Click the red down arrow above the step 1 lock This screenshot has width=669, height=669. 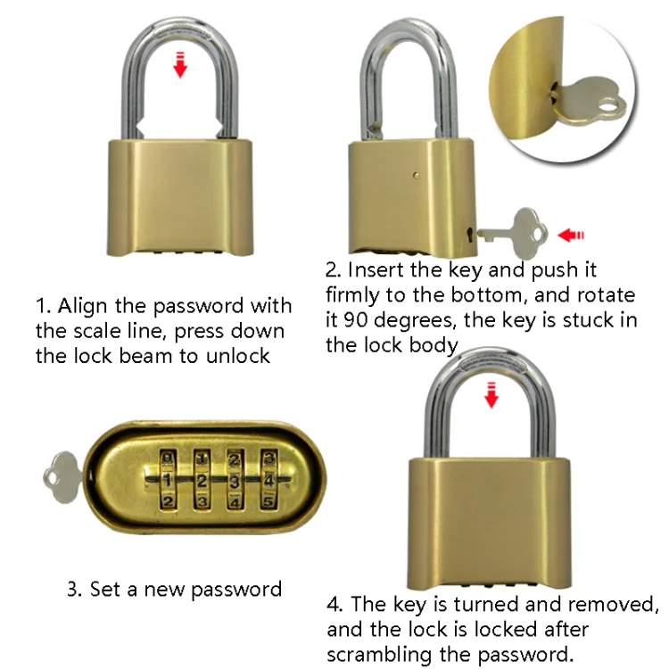click(180, 65)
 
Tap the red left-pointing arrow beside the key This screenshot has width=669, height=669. click(571, 235)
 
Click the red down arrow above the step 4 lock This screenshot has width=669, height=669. click(491, 395)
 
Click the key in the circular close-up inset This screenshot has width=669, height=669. click(588, 102)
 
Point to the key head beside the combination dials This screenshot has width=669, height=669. click(62, 477)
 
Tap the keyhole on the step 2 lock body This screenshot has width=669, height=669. click(470, 234)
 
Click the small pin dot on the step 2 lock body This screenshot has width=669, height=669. click(416, 175)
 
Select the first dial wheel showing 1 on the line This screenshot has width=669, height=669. click(168, 480)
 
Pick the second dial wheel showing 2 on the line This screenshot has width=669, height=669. click(202, 480)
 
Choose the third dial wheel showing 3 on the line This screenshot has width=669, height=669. click(235, 480)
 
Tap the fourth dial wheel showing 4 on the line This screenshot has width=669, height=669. click(268, 480)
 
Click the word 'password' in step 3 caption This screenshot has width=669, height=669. click(236, 591)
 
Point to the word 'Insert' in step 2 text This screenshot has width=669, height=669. click(376, 270)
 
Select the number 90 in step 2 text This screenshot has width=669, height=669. click(355, 320)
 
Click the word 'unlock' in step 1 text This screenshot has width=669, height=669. click(237, 356)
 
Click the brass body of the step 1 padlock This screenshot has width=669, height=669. click(180, 196)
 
